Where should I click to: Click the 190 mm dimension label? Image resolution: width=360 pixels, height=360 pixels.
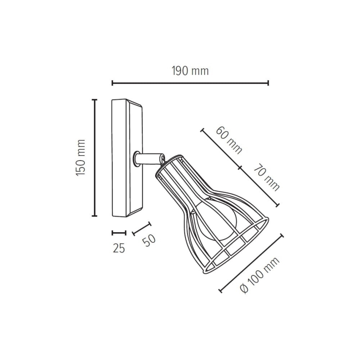click(190, 71)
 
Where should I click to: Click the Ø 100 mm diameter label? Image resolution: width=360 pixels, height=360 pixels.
click(260, 275)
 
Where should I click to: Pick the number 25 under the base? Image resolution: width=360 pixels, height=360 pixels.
click(119, 248)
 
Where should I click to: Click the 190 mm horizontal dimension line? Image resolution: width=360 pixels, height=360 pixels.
click(190, 83)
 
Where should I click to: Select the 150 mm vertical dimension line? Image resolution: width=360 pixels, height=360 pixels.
click(95, 158)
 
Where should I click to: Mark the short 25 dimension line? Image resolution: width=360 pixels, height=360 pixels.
click(119, 233)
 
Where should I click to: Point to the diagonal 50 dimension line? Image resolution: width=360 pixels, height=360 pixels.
click(141, 229)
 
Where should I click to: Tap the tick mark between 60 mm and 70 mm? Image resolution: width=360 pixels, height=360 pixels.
click(239, 168)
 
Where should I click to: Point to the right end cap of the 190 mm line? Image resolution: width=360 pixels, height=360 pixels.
click(268, 83)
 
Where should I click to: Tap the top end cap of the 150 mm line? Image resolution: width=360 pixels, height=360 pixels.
click(95, 100)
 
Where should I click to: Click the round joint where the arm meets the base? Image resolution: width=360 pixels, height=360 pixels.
click(136, 158)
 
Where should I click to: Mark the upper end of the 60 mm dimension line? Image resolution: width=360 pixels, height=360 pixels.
click(203, 130)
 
